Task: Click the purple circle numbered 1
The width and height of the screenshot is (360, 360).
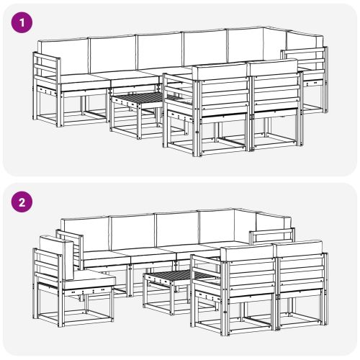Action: [24, 23]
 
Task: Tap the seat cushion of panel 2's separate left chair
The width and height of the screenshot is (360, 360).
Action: [90, 277]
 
